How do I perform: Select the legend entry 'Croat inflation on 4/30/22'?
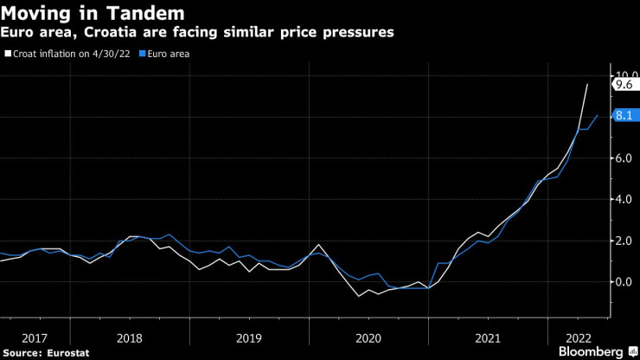[69, 54]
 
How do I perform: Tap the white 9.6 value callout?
[624, 84]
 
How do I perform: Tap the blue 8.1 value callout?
[624, 115]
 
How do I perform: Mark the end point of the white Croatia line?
[587, 84]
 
